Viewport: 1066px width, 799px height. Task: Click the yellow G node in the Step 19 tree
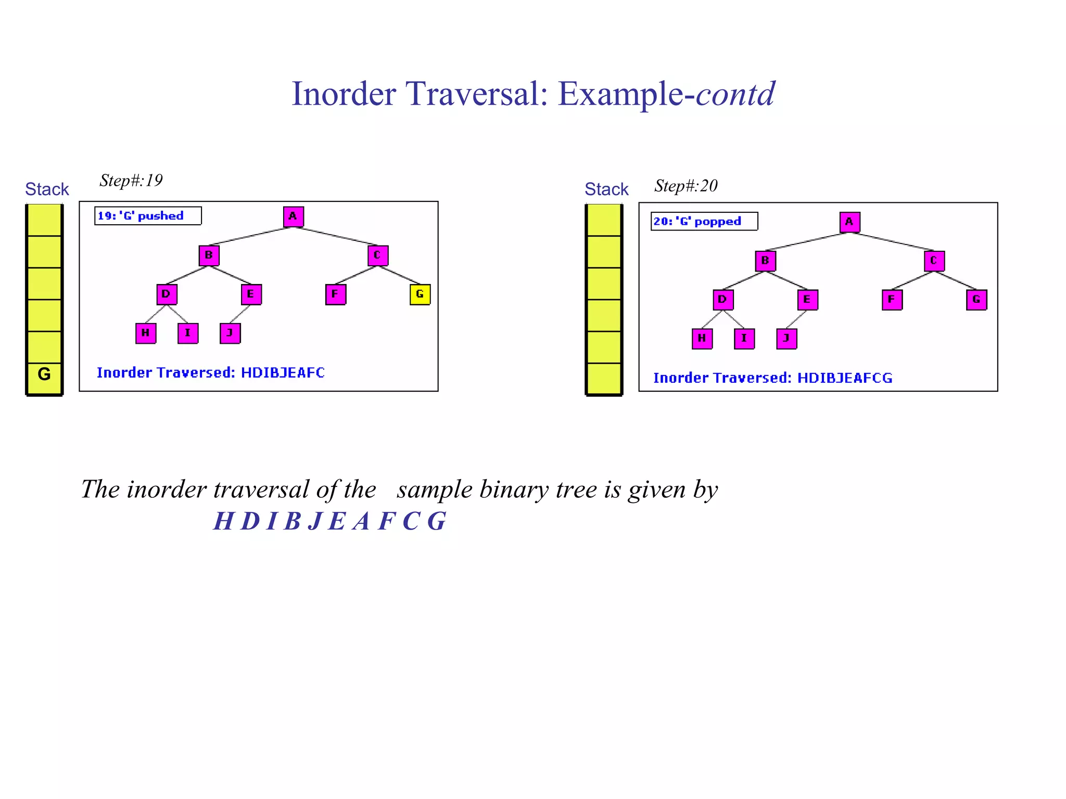(x=420, y=294)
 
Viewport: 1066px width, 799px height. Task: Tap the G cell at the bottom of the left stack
(x=44, y=375)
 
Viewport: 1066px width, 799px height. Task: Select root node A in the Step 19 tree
(x=293, y=216)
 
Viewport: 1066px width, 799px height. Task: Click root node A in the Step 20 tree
(x=849, y=222)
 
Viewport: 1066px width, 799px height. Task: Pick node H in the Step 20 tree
(x=702, y=339)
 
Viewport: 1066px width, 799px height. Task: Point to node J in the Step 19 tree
(x=230, y=333)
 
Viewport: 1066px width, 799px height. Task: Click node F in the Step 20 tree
(x=892, y=300)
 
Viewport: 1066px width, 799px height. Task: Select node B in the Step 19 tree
(x=209, y=255)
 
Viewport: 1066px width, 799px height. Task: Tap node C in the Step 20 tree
(x=934, y=261)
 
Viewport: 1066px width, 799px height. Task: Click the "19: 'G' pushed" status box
(x=147, y=216)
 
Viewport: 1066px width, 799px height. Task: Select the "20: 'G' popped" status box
(x=704, y=222)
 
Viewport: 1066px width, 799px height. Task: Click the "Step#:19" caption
(x=131, y=181)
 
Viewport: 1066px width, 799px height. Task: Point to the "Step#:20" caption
(x=686, y=186)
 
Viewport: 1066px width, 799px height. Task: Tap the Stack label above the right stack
(x=606, y=189)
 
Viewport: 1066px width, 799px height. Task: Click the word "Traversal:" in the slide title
(x=476, y=94)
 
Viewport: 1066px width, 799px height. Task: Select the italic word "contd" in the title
(x=735, y=94)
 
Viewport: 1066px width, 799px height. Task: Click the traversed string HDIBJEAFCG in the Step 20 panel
(x=844, y=378)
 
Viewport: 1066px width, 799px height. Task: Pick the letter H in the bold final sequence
(x=223, y=521)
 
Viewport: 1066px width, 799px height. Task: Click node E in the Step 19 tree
(x=251, y=294)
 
